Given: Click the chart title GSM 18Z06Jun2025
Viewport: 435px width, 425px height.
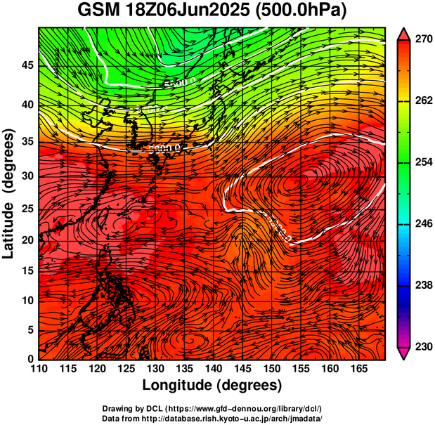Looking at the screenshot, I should click(168, 11).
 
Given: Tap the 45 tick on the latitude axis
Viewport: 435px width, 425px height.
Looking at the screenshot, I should click(27, 65).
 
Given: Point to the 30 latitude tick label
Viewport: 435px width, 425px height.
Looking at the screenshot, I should click(27, 176).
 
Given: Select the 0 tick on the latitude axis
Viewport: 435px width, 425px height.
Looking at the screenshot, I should click(30, 359).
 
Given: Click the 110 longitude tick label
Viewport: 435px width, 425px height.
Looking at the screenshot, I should click(38, 369).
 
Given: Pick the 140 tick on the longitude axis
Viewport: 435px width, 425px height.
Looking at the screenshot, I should click(212, 369).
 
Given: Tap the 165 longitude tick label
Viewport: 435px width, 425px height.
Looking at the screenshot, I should click(357, 369).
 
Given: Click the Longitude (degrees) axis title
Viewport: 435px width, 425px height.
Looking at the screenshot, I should click(212, 385).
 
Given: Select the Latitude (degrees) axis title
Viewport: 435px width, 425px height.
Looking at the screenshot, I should click(10, 193).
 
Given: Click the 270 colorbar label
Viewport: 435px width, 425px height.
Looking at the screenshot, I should click(423, 40).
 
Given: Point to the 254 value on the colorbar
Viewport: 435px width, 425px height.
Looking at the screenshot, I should click(423, 162).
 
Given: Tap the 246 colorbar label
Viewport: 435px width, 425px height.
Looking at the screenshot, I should click(423, 223).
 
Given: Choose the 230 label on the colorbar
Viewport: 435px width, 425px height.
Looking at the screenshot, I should click(423, 346).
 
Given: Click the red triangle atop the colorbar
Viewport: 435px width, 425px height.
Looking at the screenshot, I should click(404, 33).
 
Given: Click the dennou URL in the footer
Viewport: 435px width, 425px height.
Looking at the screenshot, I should click(262, 408).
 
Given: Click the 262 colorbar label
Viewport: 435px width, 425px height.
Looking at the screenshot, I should click(423, 101).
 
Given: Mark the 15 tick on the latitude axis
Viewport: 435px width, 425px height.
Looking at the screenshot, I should click(27, 270).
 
